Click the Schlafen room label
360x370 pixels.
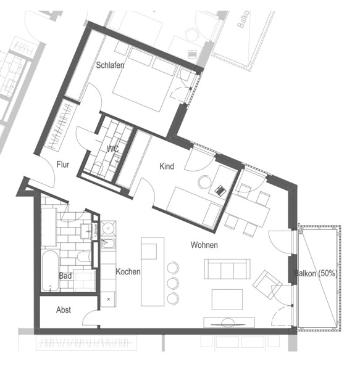tap(110, 65)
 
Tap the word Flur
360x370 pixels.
tap(63, 165)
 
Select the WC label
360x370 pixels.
tap(112, 149)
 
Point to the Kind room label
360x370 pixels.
tap(167, 166)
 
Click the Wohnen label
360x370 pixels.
tap(204, 245)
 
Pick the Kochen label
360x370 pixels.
tap(128, 271)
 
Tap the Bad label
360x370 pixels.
tap(65, 276)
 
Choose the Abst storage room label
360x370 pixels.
tap(64, 310)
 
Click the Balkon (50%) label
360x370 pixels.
tap(316, 273)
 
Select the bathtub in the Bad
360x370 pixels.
tap(50, 271)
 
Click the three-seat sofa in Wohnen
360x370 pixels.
tap(227, 269)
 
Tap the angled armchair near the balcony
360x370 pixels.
tap(267, 284)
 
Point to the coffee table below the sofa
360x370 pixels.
tap(227, 300)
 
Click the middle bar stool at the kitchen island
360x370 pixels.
tap(173, 283)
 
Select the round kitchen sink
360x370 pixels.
tap(108, 228)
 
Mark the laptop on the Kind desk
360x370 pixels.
tap(220, 190)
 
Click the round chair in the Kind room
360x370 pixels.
tap(204, 182)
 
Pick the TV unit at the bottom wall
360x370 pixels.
tap(229, 323)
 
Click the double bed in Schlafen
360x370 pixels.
tap(144, 78)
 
